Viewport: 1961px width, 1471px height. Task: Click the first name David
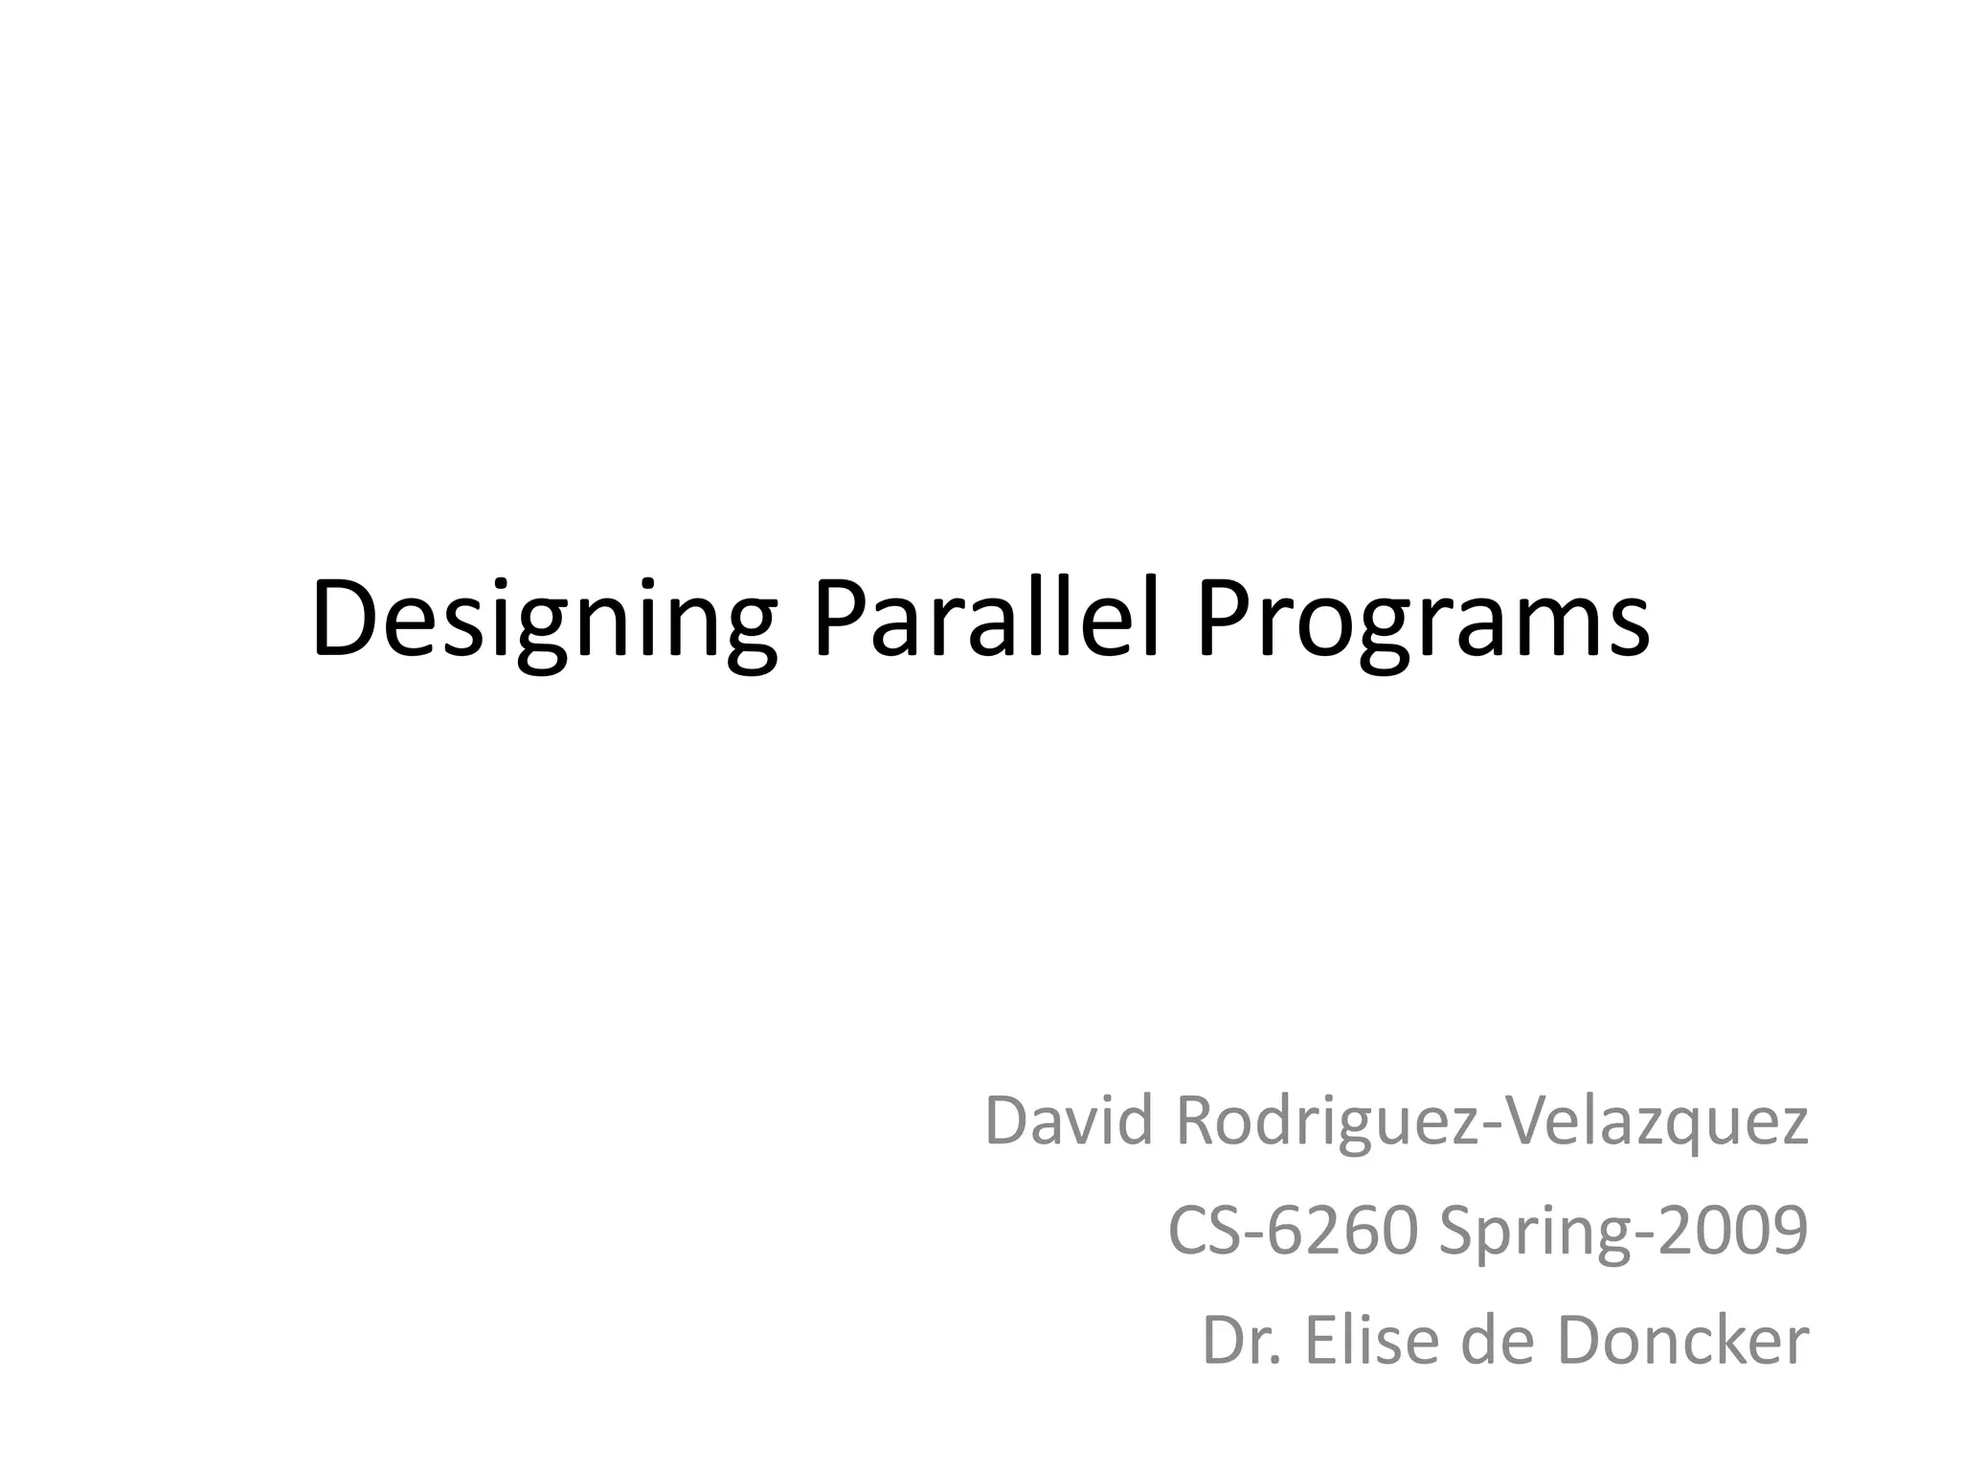click(x=1069, y=1121)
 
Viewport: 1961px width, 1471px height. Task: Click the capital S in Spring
click(x=1457, y=1233)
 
